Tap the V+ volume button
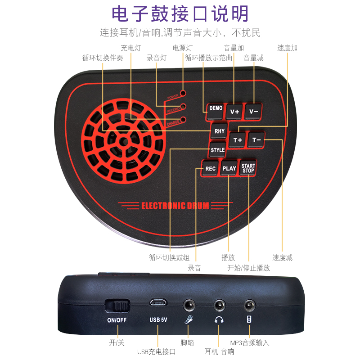[x=234, y=111]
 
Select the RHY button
[x=219, y=131]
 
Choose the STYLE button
[x=218, y=150]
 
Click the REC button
[x=210, y=169]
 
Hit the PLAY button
[x=229, y=169]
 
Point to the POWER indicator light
[x=183, y=94]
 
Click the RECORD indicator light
[x=183, y=107]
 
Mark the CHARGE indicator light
[x=183, y=120]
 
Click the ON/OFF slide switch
[x=117, y=306]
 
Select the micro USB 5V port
[x=158, y=302]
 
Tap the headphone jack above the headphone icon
[x=219, y=305]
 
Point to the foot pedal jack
[x=189, y=305]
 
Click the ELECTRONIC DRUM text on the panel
[x=175, y=206]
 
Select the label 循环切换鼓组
[x=169, y=258]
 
